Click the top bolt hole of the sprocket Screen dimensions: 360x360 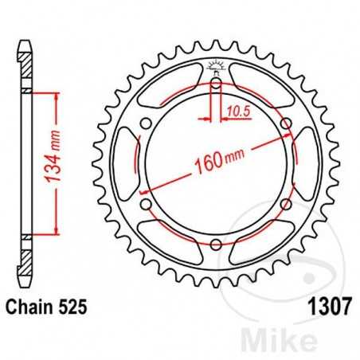pyautogui.click(x=216, y=81)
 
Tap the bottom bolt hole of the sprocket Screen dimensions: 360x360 pyautogui.click(x=216, y=243)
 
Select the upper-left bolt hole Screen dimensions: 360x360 pyautogui.click(x=146, y=122)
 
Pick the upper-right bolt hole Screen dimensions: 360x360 pyautogui.click(x=286, y=122)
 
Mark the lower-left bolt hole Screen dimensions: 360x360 pyautogui.click(x=146, y=203)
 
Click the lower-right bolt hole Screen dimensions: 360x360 pyautogui.click(x=286, y=203)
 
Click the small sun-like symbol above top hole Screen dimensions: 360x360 pyautogui.click(x=216, y=65)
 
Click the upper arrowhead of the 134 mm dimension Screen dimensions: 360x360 pyautogui.click(x=56, y=95)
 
